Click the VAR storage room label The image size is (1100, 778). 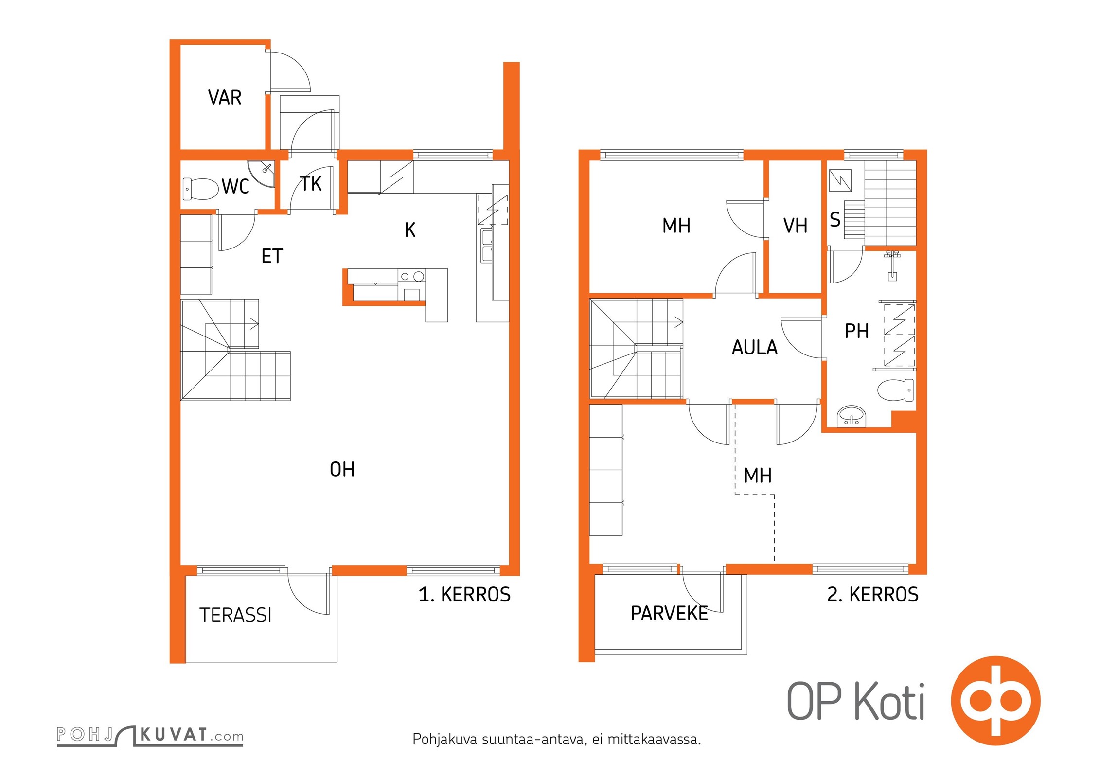click(x=225, y=97)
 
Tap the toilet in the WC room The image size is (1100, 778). click(x=200, y=189)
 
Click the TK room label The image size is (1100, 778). click(x=311, y=184)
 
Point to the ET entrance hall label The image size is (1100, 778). click(x=272, y=256)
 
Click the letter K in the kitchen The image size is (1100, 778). click(x=410, y=230)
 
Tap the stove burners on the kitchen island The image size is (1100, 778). click(x=411, y=277)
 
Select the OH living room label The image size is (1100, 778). click(x=342, y=469)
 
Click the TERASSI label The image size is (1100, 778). click(x=235, y=615)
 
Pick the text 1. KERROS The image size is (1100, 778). click(x=464, y=594)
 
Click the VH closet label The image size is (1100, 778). click(x=795, y=226)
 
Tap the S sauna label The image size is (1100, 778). click(x=835, y=220)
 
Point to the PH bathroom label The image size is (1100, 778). click(x=856, y=331)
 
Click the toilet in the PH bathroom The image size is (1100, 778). click(x=895, y=390)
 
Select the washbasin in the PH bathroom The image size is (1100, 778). click(x=852, y=417)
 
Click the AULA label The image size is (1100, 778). click(x=755, y=347)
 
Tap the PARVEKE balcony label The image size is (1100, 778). click(x=669, y=614)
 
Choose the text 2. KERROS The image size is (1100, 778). click(x=873, y=594)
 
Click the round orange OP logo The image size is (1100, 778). click(x=995, y=701)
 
